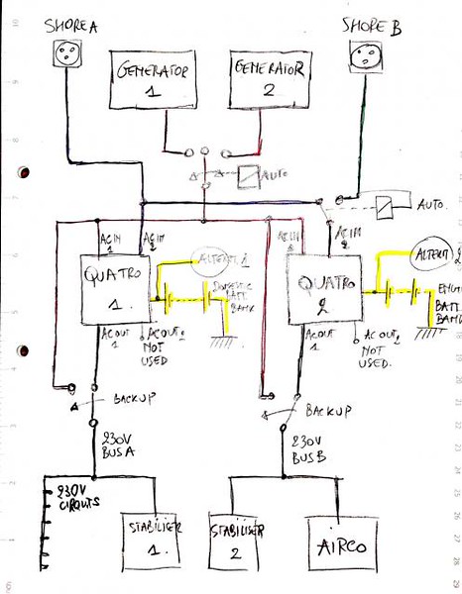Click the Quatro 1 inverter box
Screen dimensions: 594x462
point(113,285)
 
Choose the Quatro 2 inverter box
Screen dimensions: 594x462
point(321,287)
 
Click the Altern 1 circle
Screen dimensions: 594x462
point(223,260)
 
